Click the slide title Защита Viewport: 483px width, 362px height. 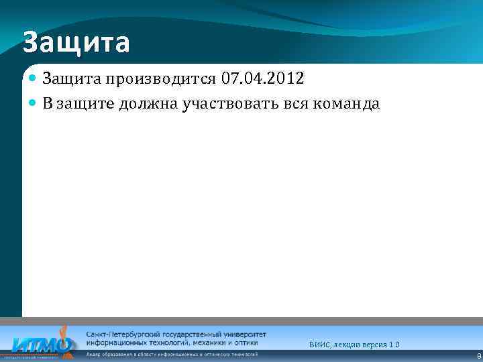[76, 43]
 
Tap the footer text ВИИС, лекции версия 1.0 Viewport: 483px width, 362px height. [354, 345]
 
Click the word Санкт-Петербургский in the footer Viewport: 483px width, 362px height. [121, 333]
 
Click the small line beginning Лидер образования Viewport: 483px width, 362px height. [171, 353]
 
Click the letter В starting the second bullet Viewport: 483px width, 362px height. [48, 104]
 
